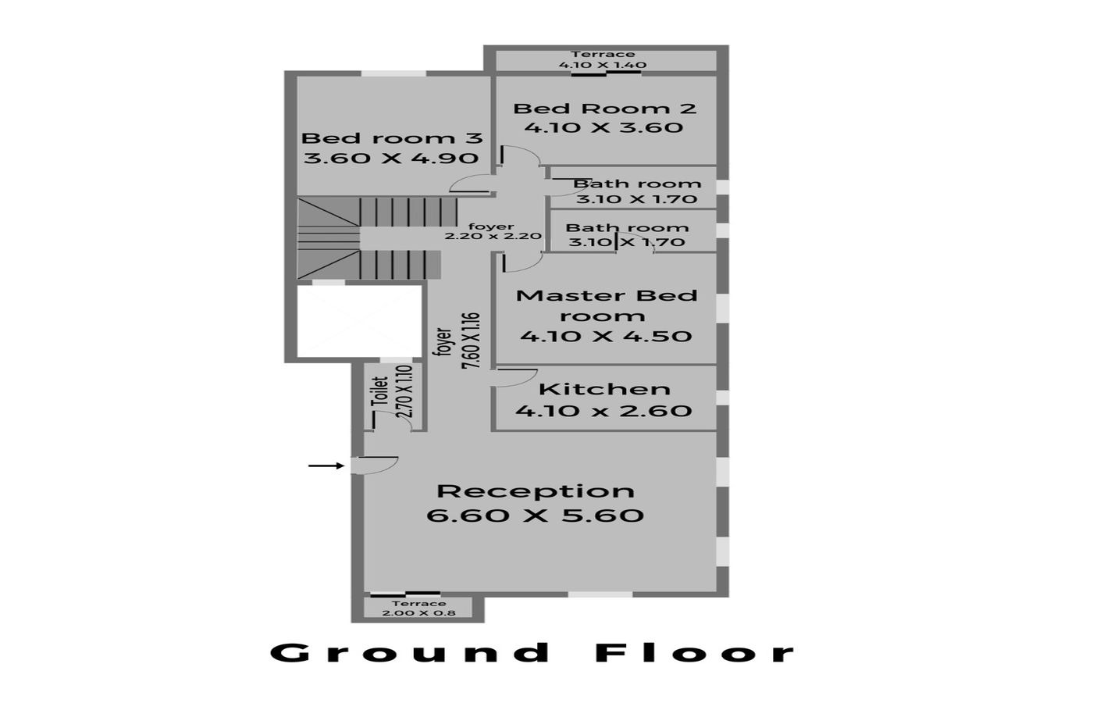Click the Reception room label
(536, 491)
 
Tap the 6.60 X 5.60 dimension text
(536, 516)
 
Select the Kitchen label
(604, 390)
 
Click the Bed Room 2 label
(604, 109)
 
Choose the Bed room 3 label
(392, 138)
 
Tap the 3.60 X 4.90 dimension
(391, 158)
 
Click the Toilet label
(381, 391)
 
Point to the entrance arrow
(326, 466)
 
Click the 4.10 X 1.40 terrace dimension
(603, 64)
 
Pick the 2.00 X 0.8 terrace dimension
(418, 612)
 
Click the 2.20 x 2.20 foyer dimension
(493, 236)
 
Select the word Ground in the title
(411, 653)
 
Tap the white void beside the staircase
(359, 321)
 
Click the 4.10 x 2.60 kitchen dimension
(603, 411)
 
